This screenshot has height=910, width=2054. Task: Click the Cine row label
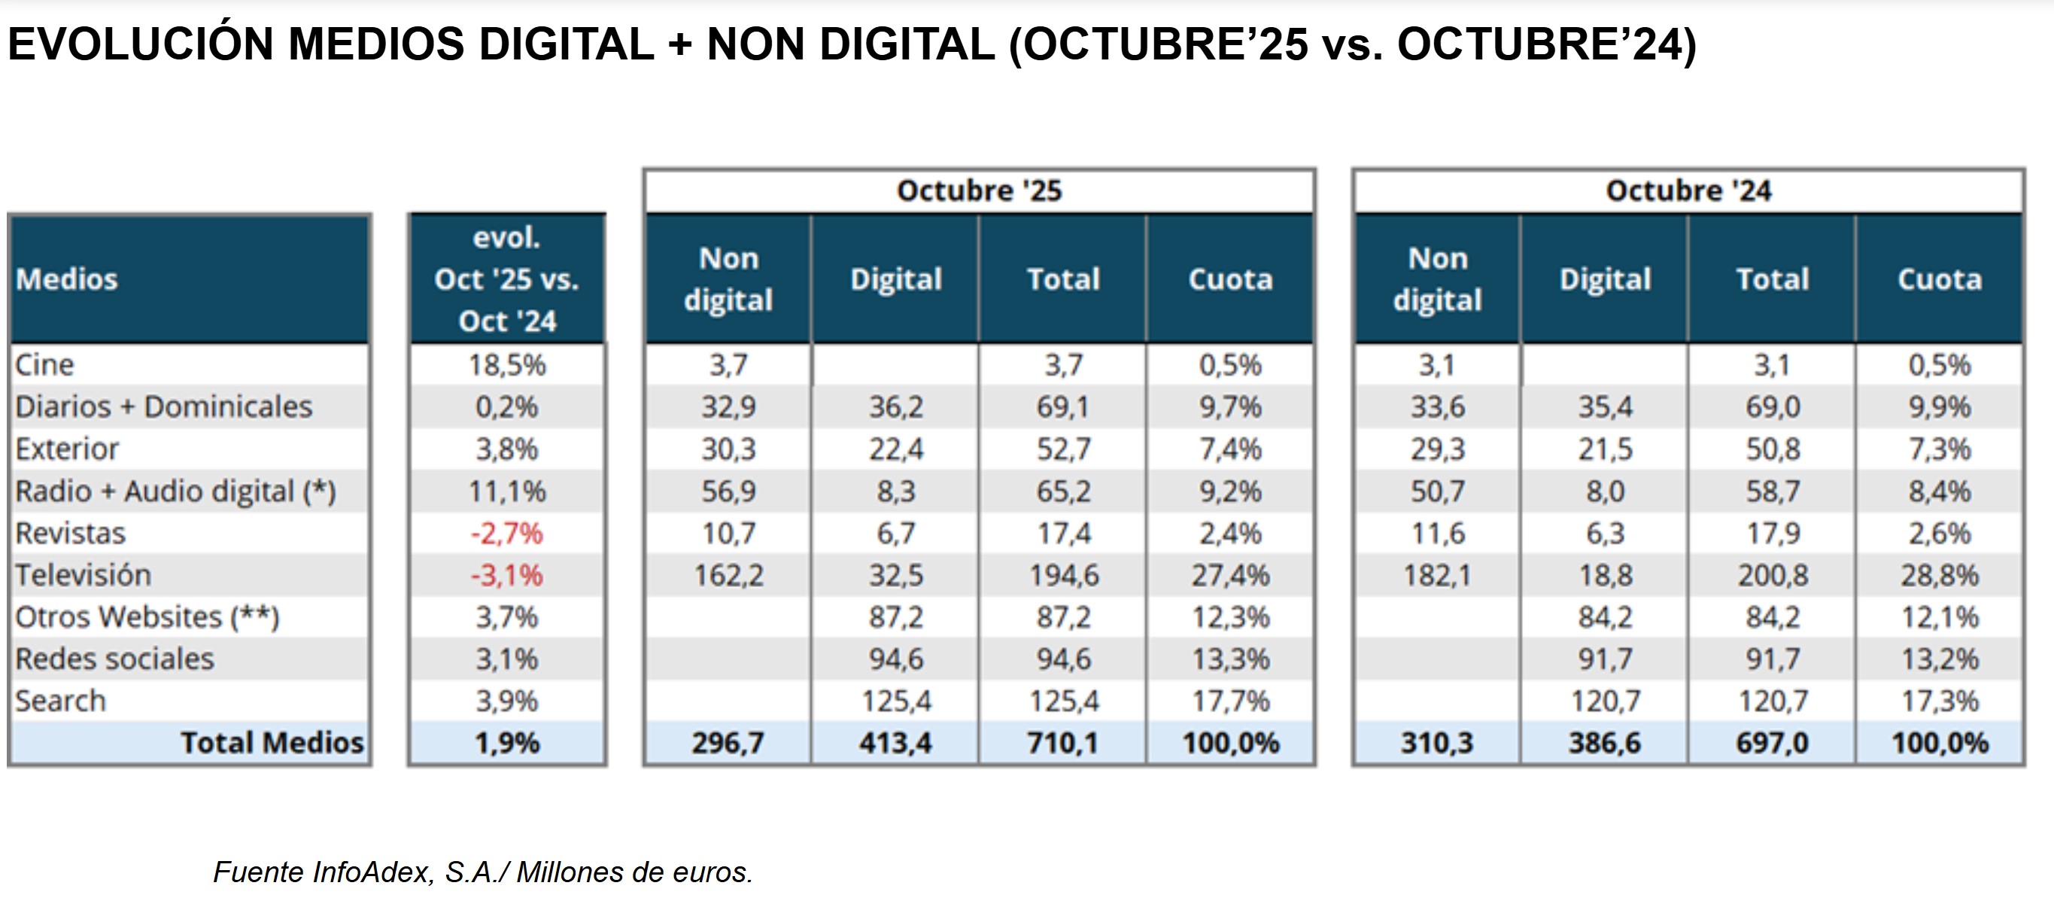click(44, 364)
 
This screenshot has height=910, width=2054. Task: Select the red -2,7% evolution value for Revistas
click(506, 533)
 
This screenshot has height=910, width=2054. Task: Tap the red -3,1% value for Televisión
click(506, 575)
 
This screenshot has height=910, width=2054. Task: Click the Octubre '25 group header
click(979, 190)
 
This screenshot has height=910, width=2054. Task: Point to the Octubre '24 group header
click(1688, 190)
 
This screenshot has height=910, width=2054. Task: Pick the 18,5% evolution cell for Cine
click(506, 364)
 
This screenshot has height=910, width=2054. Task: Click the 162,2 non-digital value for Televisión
click(728, 575)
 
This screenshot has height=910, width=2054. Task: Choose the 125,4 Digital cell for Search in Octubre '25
click(895, 701)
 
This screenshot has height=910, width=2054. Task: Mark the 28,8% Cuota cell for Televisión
click(1939, 575)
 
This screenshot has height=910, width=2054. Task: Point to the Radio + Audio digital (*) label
click(175, 492)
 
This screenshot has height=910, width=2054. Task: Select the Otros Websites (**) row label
click(147, 617)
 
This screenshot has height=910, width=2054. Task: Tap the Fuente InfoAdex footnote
click(482, 872)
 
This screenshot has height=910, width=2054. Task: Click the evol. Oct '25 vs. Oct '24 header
click(506, 279)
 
